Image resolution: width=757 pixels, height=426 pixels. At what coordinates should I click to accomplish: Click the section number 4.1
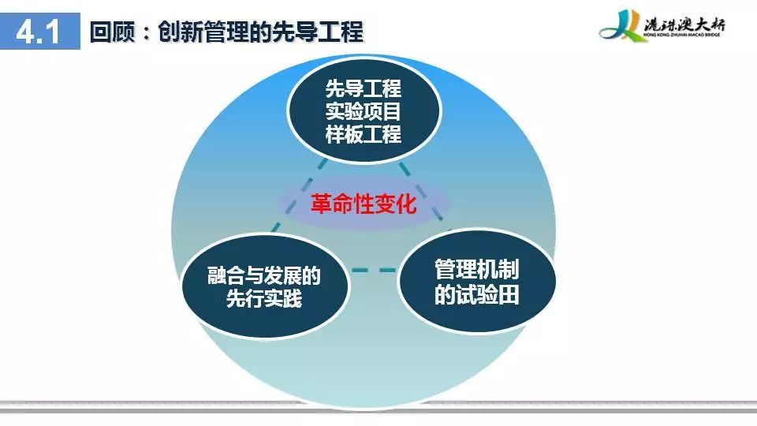(38, 32)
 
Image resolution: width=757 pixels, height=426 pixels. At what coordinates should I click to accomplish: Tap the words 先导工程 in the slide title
(317, 32)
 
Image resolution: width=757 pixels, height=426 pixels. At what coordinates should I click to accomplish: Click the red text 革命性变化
(363, 204)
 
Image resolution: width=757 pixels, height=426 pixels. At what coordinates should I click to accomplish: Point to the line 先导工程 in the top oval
(363, 89)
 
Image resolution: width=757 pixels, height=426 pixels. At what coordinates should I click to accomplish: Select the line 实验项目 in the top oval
(363, 111)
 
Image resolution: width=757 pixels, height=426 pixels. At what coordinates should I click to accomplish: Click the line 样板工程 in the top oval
(363, 134)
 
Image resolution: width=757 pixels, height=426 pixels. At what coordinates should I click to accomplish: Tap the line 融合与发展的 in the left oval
(264, 276)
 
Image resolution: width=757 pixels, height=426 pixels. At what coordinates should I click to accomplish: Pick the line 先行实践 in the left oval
(264, 298)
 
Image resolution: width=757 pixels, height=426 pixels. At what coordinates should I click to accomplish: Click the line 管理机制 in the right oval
(476, 269)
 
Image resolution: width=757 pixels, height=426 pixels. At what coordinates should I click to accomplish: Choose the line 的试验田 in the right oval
(476, 294)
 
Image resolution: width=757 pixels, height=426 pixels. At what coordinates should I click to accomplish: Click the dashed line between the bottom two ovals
(374, 270)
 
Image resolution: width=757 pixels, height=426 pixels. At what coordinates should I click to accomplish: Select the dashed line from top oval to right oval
(420, 192)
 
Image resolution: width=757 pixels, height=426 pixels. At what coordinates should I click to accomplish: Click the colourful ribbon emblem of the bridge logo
(621, 26)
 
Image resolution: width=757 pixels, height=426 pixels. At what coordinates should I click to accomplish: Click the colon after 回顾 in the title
(147, 33)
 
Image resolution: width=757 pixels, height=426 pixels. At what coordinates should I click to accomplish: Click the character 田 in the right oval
(509, 294)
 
